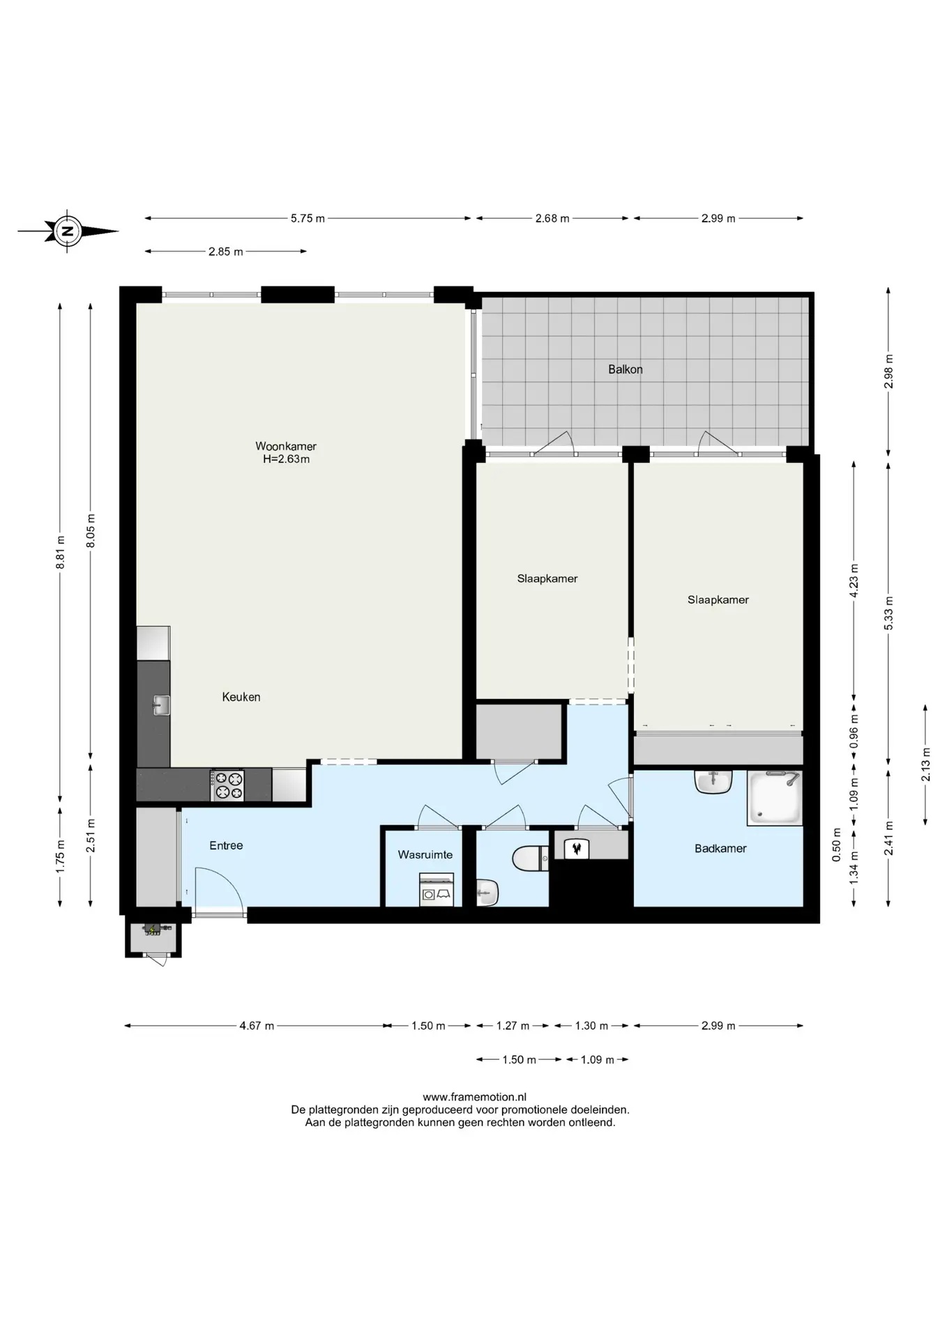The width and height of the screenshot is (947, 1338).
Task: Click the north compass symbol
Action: click(68, 231)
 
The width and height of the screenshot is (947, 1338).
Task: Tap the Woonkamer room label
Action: click(286, 446)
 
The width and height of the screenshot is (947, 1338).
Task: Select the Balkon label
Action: click(626, 369)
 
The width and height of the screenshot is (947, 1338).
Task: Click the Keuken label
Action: click(241, 697)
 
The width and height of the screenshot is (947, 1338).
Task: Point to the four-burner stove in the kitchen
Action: click(227, 785)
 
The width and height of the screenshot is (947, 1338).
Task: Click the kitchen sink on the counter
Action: click(160, 705)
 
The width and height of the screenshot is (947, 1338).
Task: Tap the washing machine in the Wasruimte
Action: click(437, 890)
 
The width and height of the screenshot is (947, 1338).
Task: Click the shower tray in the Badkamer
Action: click(775, 798)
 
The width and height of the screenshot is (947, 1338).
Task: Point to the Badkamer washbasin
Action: click(713, 781)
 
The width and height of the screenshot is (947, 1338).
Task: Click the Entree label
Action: click(227, 845)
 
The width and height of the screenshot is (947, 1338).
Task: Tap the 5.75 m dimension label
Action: click(308, 218)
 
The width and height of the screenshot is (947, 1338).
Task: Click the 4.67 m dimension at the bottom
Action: click(257, 1026)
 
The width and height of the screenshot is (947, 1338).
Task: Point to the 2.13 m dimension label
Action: click(926, 764)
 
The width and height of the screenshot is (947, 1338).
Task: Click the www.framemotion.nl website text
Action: click(460, 1097)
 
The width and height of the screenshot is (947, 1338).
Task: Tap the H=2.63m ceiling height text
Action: click(286, 459)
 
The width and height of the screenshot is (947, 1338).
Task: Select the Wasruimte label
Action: click(425, 854)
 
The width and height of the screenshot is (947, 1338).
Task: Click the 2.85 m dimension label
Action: click(226, 252)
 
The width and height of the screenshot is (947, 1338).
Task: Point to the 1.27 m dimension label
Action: click(513, 1026)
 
